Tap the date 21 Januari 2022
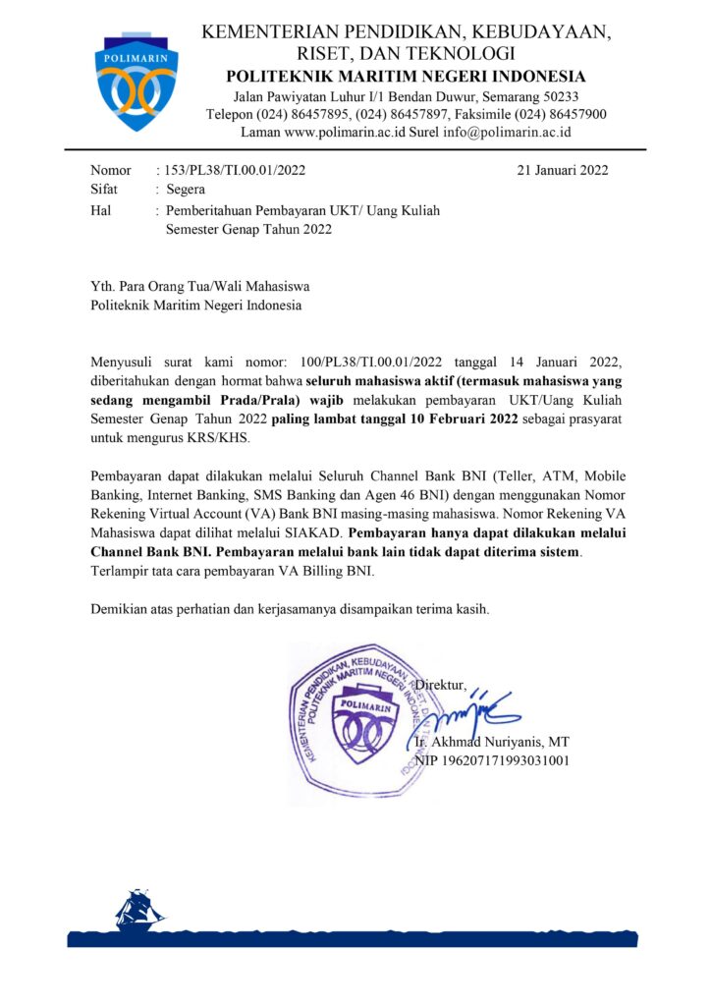click(563, 170)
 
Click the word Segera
click(186, 190)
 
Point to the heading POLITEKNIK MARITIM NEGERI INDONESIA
click(406, 77)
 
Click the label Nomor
click(110, 170)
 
